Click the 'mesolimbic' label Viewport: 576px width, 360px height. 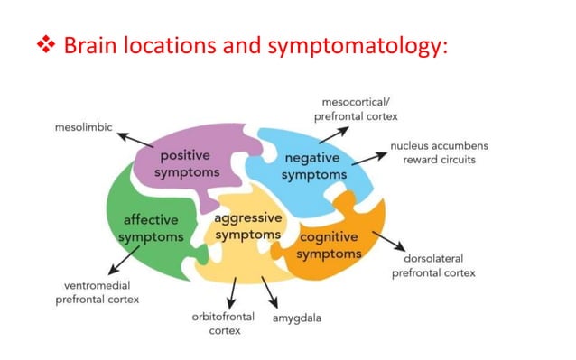pyautogui.click(x=82, y=128)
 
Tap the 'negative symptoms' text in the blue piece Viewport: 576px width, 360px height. pyautogui.click(x=312, y=166)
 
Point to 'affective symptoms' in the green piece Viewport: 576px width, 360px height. pyautogui.click(x=151, y=228)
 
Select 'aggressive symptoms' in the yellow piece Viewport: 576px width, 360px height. pyautogui.click(x=247, y=226)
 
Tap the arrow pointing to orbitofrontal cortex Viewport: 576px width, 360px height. pyautogui.click(x=233, y=291)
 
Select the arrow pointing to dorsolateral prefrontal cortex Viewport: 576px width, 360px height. pyautogui.click(x=388, y=242)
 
